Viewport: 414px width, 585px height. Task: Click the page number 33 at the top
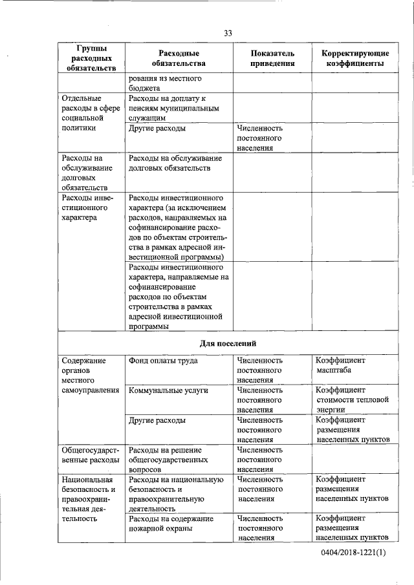[228, 33]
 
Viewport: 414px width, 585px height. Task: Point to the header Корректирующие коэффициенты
[355, 58]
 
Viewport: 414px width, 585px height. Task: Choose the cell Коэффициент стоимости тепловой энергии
[352, 399]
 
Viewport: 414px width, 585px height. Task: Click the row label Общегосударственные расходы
[90, 455]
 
